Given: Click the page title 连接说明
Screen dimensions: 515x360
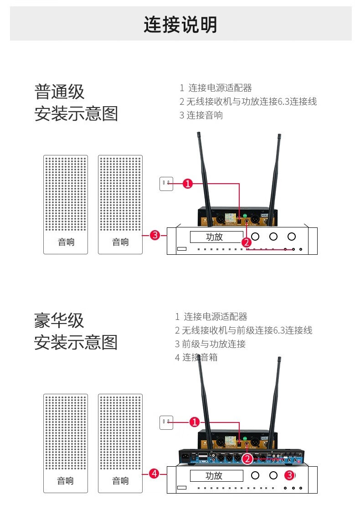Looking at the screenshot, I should pyautogui.click(x=180, y=25).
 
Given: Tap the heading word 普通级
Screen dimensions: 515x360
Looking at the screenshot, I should pyautogui.click(x=59, y=92).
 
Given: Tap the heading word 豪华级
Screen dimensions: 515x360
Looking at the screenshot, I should pyautogui.click(x=59, y=320).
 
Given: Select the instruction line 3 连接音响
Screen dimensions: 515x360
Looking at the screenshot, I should pyautogui.click(x=201, y=115).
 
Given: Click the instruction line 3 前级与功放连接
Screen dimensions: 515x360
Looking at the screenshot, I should pyautogui.click(x=210, y=344).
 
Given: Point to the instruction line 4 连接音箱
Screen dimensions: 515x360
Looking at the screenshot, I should pyautogui.click(x=196, y=357).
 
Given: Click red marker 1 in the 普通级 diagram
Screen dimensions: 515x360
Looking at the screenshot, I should pyautogui.click(x=188, y=184).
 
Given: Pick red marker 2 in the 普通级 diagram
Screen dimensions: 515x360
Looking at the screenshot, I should pyautogui.click(x=247, y=242).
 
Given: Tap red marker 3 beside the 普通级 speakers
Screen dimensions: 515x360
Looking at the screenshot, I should pyautogui.click(x=155, y=235).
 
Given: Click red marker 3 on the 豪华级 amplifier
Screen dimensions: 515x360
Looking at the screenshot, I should pyautogui.click(x=289, y=475).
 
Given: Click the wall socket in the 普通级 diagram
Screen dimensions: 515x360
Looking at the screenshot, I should pyautogui.click(x=166, y=184).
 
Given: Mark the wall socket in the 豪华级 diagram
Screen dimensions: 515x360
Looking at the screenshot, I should pyautogui.click(x=166, y=422).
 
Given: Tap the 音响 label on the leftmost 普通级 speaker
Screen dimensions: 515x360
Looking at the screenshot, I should pyautogui.click(x=66, y=242).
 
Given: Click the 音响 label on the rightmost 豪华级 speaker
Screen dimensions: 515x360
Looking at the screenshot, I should pyautogui.click(x=120, y=481).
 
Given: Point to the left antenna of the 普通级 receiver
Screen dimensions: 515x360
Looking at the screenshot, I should pyautogui.click(x=203, y=173).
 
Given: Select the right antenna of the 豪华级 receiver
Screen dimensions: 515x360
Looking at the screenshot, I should pyautogui.click(x=275, y=401).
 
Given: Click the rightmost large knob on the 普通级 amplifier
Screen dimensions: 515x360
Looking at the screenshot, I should pyautogui.click(x=292, y=237).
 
